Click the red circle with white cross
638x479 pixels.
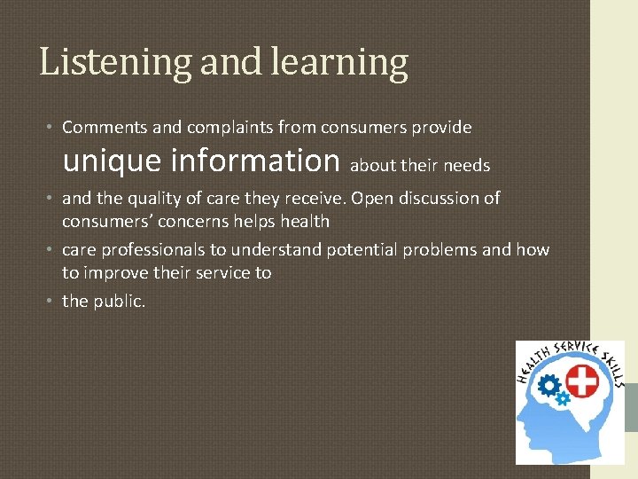coord(581,383)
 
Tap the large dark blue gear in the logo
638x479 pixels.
coord(549,386)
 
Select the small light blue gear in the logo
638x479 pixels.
coord(563,399)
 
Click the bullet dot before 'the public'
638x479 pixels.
coord(51,302)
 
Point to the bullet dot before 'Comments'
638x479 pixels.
coord(51,127)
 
